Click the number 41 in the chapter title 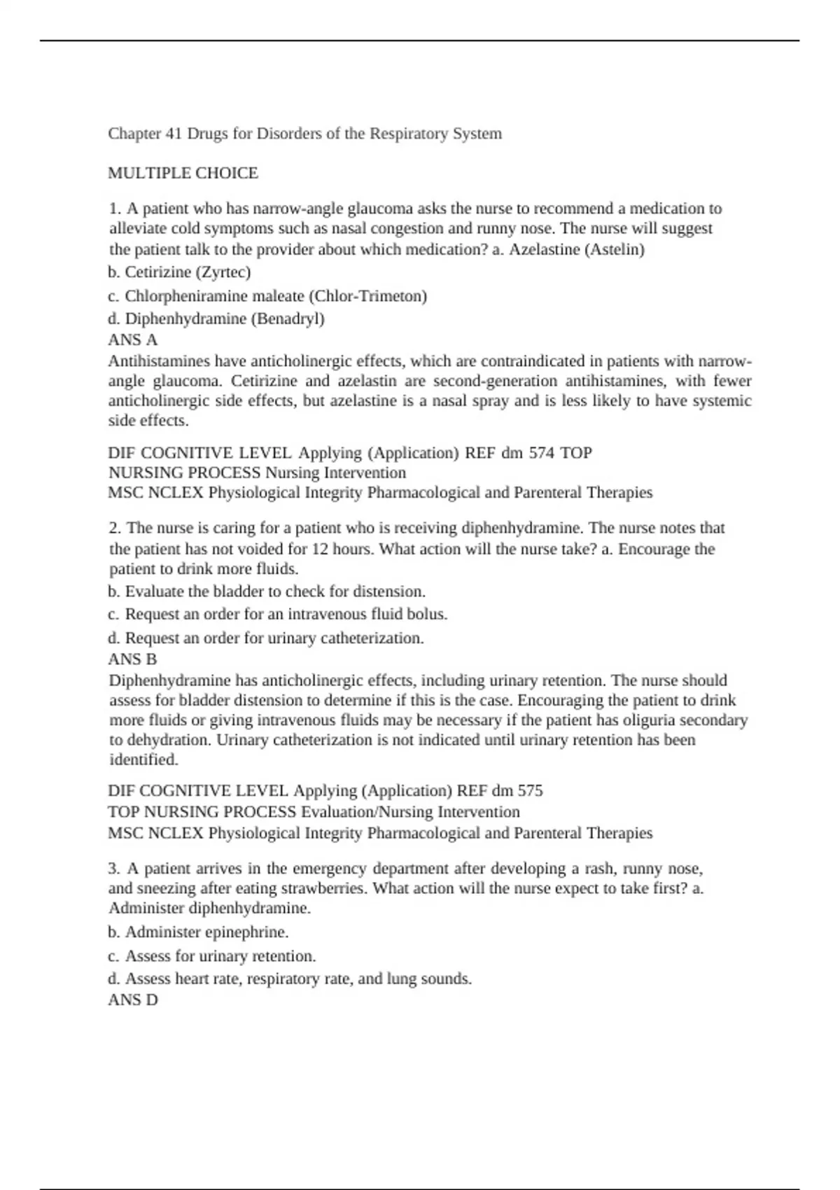[174, 134]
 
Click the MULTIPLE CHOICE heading [183, 173]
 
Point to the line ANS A [132, 340]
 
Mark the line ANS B [132, 659]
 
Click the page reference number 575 [530, 791]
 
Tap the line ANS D [133, 1000]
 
